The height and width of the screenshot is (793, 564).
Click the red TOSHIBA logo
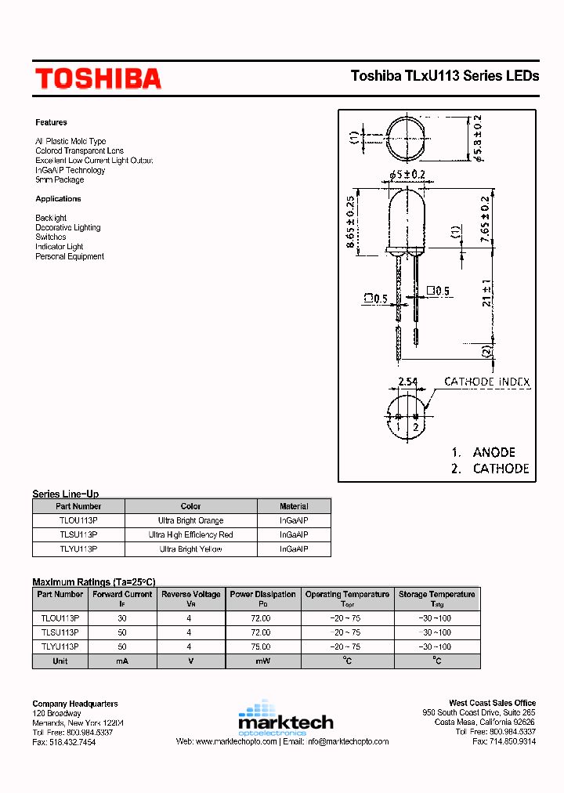point(97,78)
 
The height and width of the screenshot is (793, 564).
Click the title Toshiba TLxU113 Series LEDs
point(444,76)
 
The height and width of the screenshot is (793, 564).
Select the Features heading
point(51,122)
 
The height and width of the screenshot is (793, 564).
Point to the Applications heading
point(58,199)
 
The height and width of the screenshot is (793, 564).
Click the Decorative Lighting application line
point(67,228)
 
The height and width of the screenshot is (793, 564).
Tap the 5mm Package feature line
point(59,180)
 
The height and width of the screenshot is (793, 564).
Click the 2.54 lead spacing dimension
point(407,382)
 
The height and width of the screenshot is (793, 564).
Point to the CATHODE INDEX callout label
point(486,382)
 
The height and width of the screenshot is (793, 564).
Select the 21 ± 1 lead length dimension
point(486,292)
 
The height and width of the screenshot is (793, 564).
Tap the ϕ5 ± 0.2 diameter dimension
point(406,174)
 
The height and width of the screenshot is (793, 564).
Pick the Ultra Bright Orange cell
point(190,520)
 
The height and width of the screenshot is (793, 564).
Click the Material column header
point(294,506)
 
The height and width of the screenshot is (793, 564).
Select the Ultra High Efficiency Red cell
point(190,534)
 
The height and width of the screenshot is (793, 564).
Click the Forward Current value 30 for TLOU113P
point(121,618)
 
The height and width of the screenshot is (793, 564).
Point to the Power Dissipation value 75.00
point(262,646)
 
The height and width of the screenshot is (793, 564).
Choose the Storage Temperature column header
point(436,594)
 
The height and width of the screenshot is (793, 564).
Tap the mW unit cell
point(262,661)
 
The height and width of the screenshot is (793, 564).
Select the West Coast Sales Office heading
point(492,703)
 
